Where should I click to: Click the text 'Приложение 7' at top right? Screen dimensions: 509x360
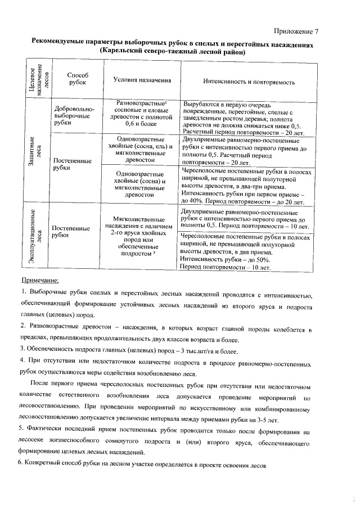click(296, 30)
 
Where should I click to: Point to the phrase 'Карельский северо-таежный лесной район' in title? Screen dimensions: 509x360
click(172, 52)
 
